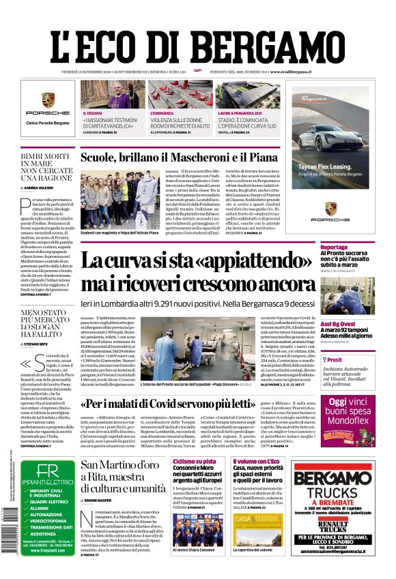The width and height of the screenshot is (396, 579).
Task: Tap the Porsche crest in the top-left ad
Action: [48, 100]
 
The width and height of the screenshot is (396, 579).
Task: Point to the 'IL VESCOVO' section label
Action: [93, 113]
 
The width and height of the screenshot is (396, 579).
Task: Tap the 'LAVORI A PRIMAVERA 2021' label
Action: [240, 113]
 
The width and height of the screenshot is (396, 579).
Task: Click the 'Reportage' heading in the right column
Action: [334, 248]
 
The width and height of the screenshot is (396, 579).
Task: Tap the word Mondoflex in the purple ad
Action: [348, 421]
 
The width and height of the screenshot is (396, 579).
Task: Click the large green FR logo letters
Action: [48, 472]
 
